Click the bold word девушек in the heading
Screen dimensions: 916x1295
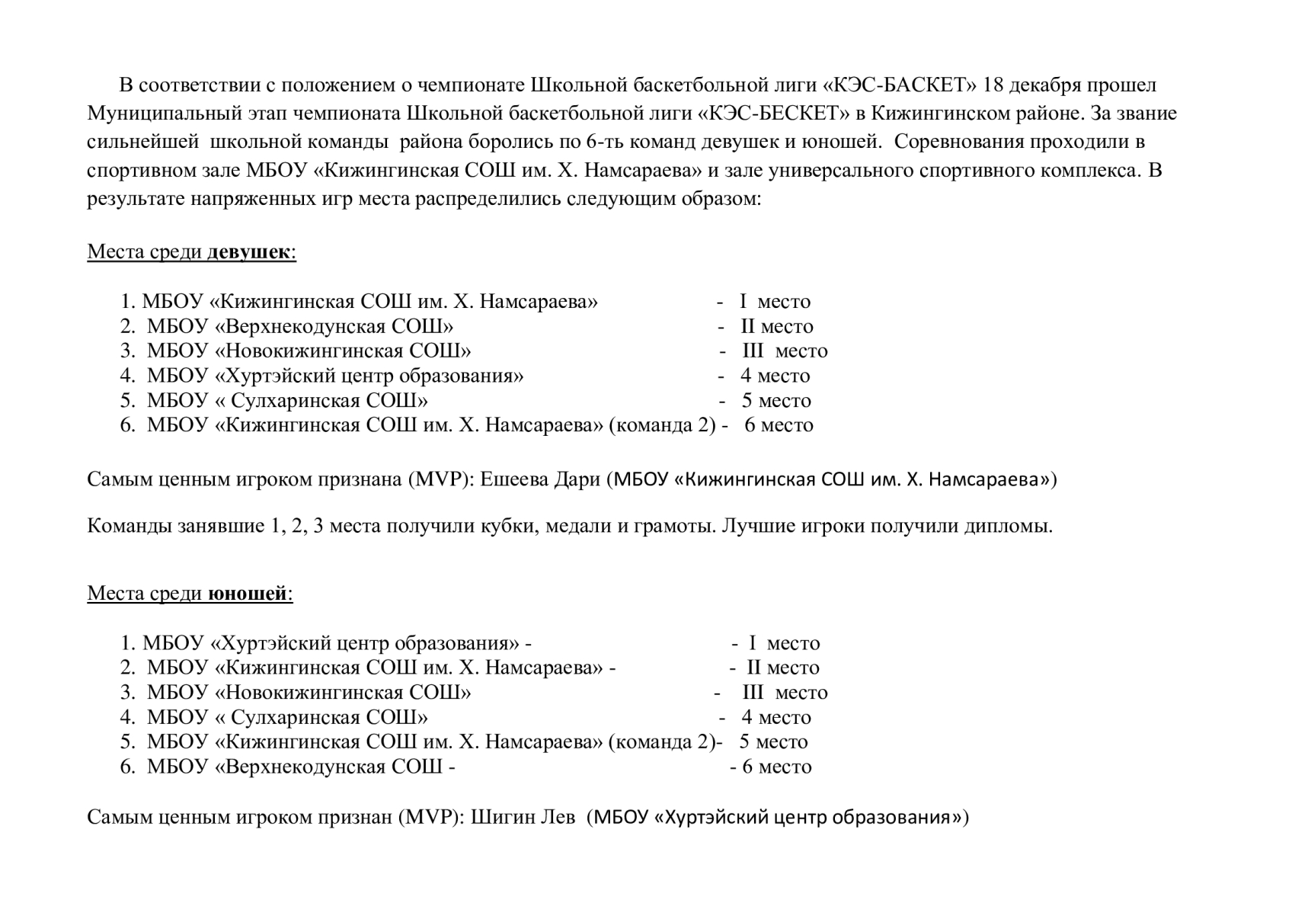248,252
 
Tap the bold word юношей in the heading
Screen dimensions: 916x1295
247,594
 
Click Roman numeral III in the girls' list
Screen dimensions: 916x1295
753,351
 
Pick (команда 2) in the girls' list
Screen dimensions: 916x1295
662,425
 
